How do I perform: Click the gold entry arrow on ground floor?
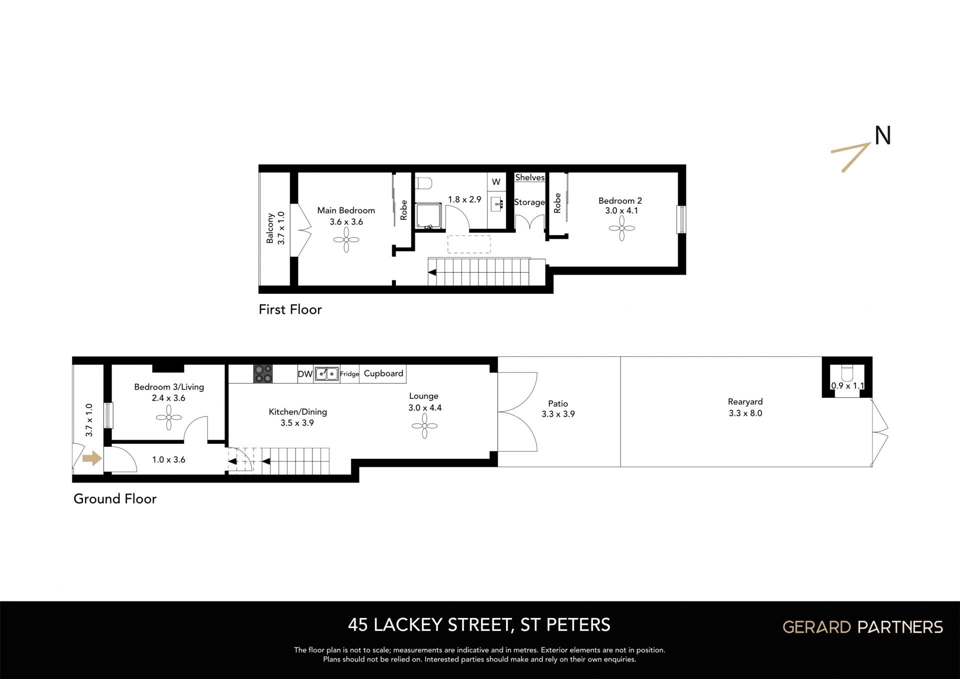pyautogui.click(x=92, y=458)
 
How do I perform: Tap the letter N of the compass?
pyautogui.click(x=883, y=136)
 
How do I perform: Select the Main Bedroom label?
pyautogui.click(x=346, y=211)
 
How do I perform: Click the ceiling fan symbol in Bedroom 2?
pyautogui.click(x=621, y=228)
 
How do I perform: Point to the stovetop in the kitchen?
pyautogui.click(x=263, y=374)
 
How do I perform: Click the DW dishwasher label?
pyautogui.click(x=305, y=374)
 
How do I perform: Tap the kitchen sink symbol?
pyautogui.click(x=326, y=374)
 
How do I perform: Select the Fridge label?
pyautogui.click(x=349, y=374)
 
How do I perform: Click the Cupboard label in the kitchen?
pyautogui.click(x=383, y=373)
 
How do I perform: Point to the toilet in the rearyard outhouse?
pyautogui.click(x=847, y=373)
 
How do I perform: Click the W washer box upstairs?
pyautogui.click(x=496, y=182)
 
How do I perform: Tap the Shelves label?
pyautogui.click(x=530, y=178)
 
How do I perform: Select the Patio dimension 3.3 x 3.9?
pyautogui.click(x=558, y=414)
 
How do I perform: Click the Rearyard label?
pyautogui.click(x=745, y=402)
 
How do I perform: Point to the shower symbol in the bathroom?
pyautogui.click(x=428, y=216)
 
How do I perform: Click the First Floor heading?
pyautogui.click(x=290, y=310)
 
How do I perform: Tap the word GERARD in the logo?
pyautogui.click(x=816, y=627)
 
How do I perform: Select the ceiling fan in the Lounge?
pyautogui.click(x=424, y=426)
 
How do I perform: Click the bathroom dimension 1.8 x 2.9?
pyautogui.click(x=464, y=200)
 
